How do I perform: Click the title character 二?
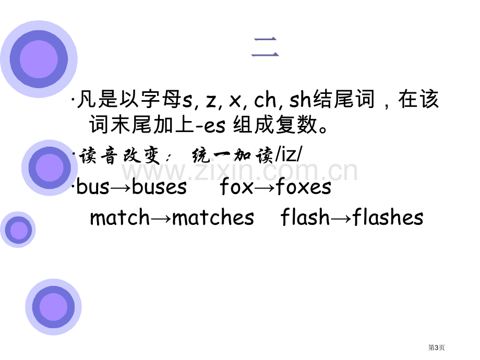pos(265,47)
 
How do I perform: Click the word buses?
pos(159,186)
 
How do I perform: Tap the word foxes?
pos(303,186)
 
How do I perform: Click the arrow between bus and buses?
pos(121,187)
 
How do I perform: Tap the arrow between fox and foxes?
pos(264,187)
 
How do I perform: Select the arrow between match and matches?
pos(161,218)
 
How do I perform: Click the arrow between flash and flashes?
pos(341,218)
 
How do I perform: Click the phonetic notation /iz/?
pos(289,154)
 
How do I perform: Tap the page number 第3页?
pos(436,347)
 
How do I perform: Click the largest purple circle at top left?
pos(39,59)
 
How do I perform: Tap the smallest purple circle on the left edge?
pos(18,230)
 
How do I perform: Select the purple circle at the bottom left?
pos(54,307)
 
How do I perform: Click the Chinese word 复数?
pos(296,125)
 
